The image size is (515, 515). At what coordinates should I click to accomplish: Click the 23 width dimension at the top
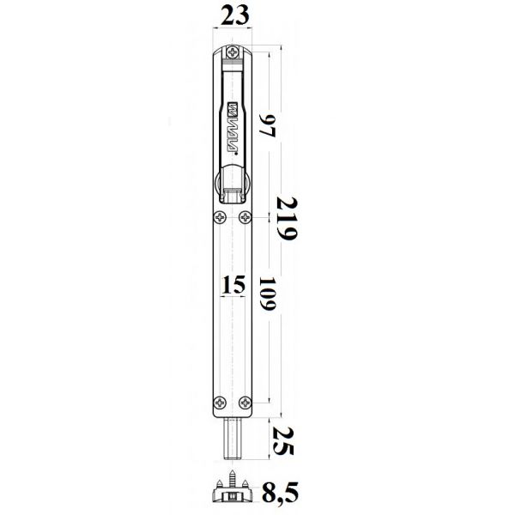tap(234, 15)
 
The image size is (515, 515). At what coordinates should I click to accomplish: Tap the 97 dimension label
tap(267, 126)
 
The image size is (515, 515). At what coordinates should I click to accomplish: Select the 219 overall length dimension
tap(287, 218)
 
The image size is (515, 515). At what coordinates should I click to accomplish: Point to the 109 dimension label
tap(267, 294)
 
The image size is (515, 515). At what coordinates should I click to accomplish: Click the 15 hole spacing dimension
tap(233, 284)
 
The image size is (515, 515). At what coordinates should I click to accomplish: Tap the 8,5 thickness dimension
tap(280, 492)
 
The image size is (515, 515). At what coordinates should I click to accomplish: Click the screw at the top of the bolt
tap(233, 51)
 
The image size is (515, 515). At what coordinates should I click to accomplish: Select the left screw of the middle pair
tap(220, 217)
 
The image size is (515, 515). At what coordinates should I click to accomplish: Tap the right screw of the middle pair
tap(245, 217)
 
